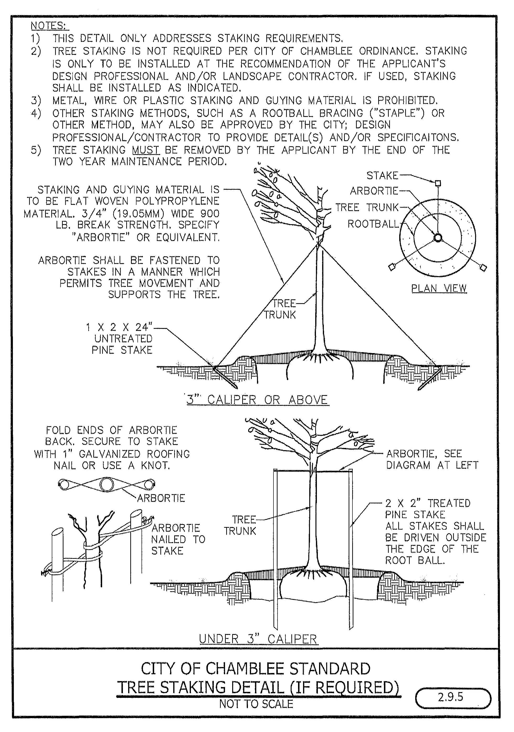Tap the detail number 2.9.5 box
tap(453, 697)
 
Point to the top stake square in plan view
tap(438, 183)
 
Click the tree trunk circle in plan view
tap(438, 237)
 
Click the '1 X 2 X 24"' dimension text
tap(119, 327)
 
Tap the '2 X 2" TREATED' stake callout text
tap(427, 503)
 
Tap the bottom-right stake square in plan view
tap(483, 268)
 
